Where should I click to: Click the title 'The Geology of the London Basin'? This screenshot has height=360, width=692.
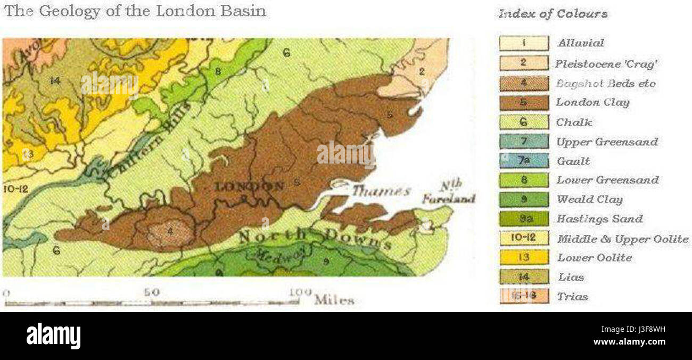pyautogui.click(x=135, y=11)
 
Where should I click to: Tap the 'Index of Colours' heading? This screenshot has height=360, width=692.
pyautogui.click(x=553, y=14)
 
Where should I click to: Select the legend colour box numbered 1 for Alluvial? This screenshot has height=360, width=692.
pyautogui.click(x=523, y=43)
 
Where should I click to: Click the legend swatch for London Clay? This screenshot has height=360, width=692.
pyautogui.click(x=523, y=102)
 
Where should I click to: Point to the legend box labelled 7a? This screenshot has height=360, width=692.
pyautogui.click(x=523, y=161)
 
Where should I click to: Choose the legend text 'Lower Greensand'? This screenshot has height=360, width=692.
pyautogui.click(x=607, y=180)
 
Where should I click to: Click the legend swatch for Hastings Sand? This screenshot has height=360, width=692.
pyautogui.click(x=523, y=219)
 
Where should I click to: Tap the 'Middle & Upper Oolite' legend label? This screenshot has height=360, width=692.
pyautogui.click(x=622, y=239)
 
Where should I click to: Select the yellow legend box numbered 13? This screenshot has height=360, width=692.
pyautogui.click(x=523, y=258)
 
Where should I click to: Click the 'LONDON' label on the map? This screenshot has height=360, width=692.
pyautogui.click(x=248, y=186)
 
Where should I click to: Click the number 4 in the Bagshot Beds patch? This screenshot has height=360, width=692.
pyautogui.click(x=170, y=231)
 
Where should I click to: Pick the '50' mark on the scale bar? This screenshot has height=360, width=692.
pyautogui.click(x=151, y=292)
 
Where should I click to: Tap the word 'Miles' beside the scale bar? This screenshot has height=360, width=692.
pyautogui.click(x=334, y=300)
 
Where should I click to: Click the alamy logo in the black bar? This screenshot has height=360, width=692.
pyautogui.click(x=53, y=336)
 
